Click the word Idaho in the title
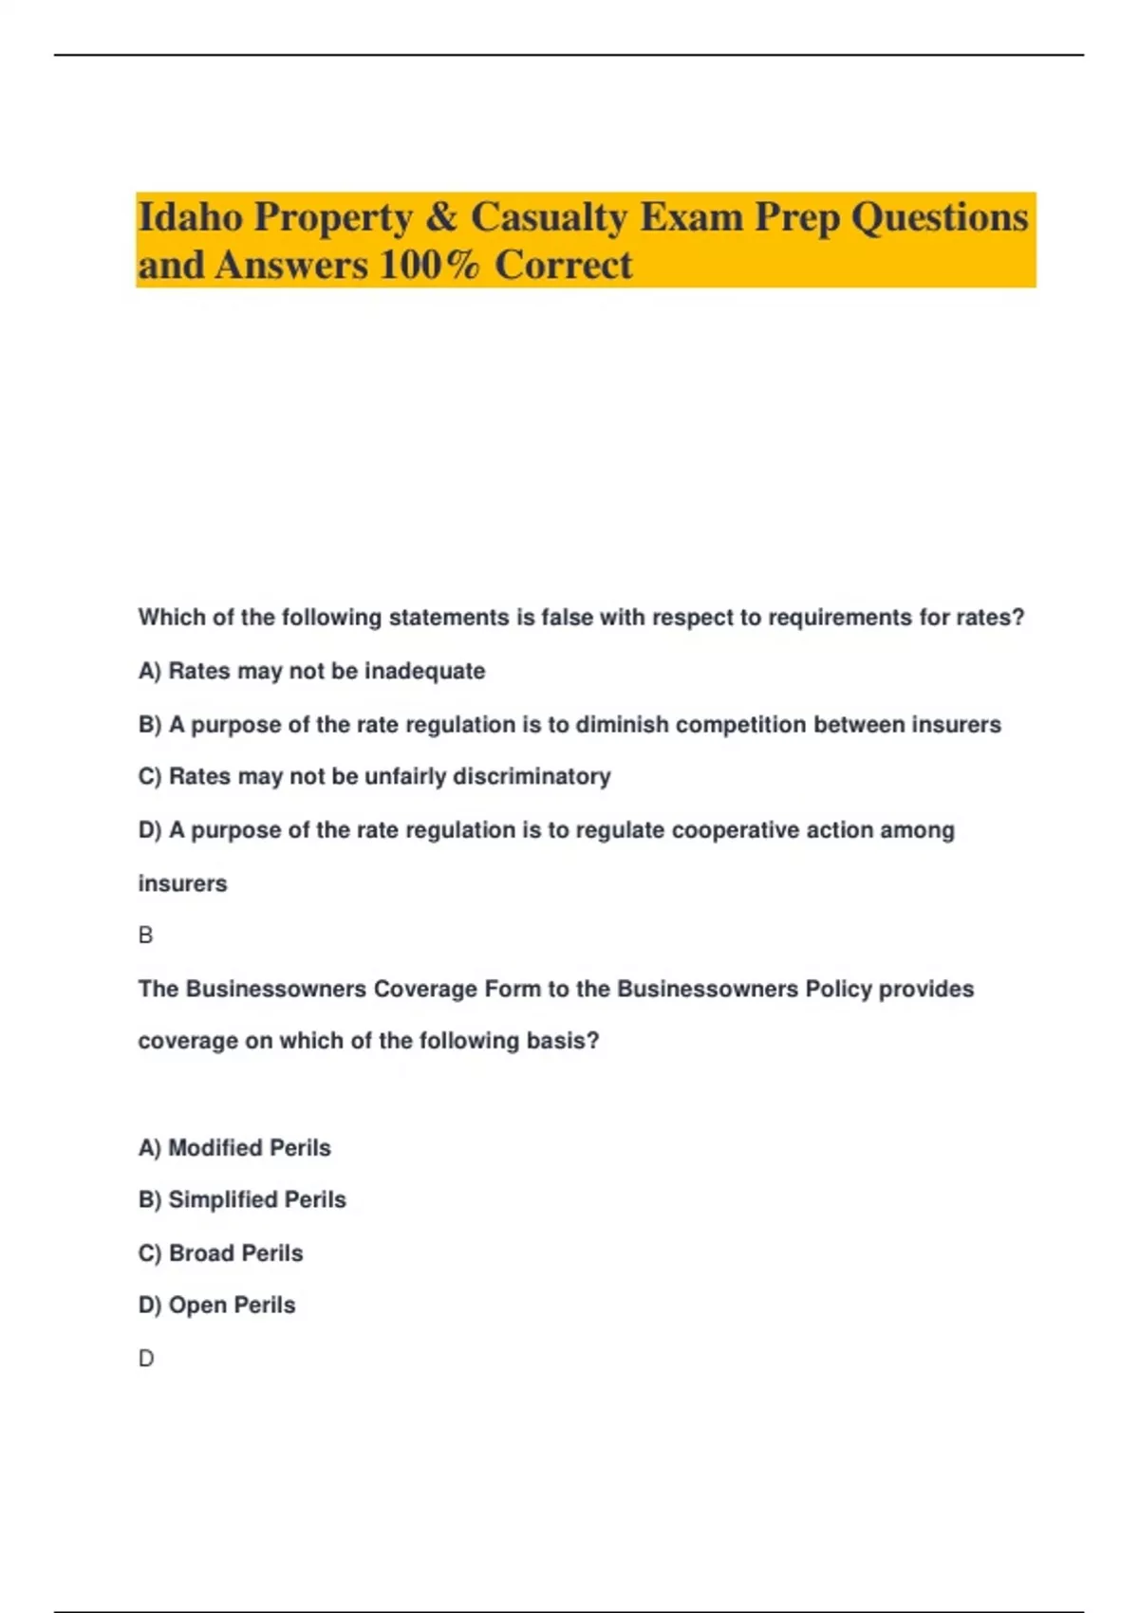(x=190, y=217)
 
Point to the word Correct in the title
(x=563, y=265)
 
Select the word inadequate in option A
(x=424, y=672)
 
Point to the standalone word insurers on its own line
(x=182, y=883)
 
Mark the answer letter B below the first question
(x=145, y=936)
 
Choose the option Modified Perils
(x=235, y=1148)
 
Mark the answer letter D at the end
(x=145, y=1359)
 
